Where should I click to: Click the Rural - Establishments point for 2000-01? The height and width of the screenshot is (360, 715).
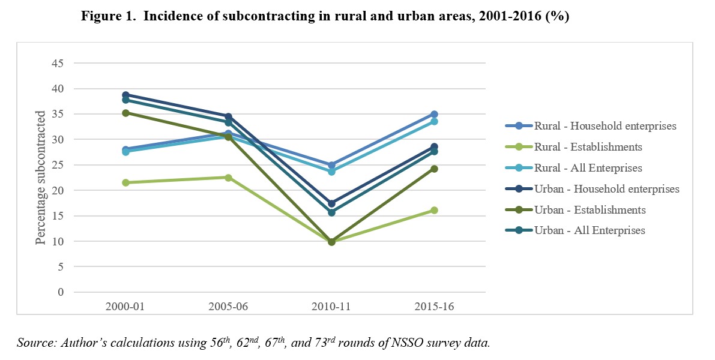click(125, 182)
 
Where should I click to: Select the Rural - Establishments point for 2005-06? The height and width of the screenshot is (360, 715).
click(228, 178)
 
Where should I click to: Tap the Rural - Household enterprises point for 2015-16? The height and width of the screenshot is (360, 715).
click(434, 114)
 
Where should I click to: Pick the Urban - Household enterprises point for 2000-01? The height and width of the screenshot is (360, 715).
click(125, 95)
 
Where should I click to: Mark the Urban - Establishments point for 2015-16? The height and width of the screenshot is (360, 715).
click(434, 169)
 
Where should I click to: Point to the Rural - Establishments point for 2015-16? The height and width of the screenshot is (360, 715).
click(434, 210)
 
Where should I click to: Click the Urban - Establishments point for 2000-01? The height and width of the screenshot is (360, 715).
click(125, 113)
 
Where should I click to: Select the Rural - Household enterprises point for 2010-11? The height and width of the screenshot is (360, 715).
click(331, 165)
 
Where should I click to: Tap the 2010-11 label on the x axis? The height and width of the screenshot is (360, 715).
click(331, 307)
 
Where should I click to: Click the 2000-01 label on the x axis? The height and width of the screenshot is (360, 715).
click(125, 307)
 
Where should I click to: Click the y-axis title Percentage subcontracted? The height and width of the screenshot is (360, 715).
click(40, 178)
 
